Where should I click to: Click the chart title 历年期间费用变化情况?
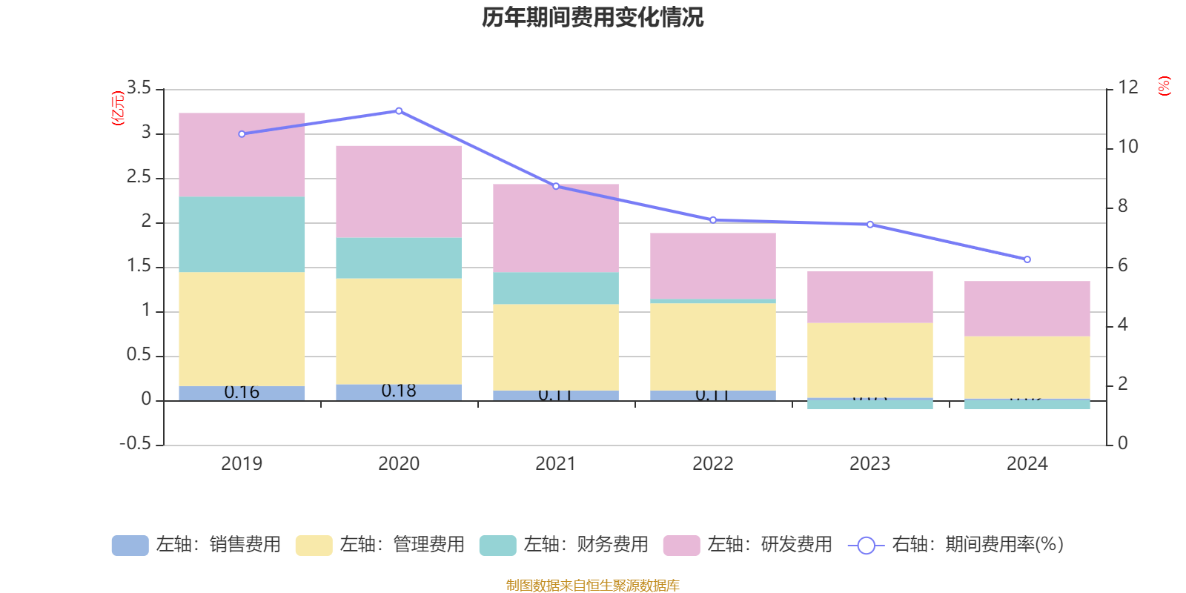click(x=592, y=17)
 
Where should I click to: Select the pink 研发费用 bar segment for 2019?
click(x=242, y=155)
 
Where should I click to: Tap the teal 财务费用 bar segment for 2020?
click(x=399, y=258)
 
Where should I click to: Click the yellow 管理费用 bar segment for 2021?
click(x=556, y=347)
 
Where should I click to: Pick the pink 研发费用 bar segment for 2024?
click(x=1027, y=308)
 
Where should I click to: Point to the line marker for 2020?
click(x=399, y=111)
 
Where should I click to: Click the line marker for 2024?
click(x=1027, y=259)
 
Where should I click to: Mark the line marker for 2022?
click(x=713, y=220)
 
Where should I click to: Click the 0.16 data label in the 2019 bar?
click(x=242, y=392)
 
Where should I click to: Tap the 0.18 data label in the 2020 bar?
click(x=399, y=391)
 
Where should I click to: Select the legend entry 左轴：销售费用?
click(x=196, y=545)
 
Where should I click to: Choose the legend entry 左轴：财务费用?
click(x=564, y=545)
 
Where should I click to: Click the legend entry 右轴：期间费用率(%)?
click(x=956, y=545)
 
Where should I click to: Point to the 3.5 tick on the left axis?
click(x=139, y=88)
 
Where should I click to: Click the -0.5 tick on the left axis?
click(x=135, y=443)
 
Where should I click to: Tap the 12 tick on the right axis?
click(x=1127, y=87)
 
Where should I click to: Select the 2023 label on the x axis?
click(x=869, y=464)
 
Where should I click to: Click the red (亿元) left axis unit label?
click(x=117, y=108)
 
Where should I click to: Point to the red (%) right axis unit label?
click(x=1165, y=86)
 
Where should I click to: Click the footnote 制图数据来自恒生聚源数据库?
click(x=592, y=586)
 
